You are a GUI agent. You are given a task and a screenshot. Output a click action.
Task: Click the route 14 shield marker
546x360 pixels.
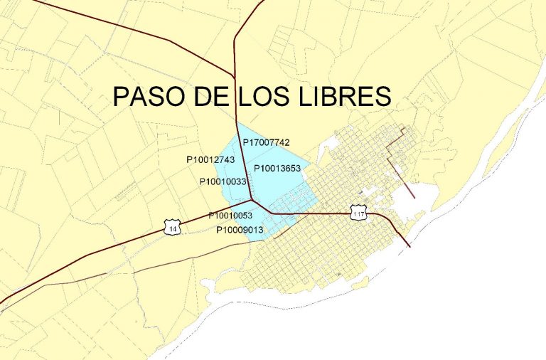coord(173,228)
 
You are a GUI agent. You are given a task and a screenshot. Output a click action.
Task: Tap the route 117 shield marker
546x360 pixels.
coord(358,211)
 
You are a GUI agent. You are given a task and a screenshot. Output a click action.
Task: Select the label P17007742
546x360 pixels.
coord(267,142)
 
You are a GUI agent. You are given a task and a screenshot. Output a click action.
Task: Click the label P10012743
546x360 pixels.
coord(210,160)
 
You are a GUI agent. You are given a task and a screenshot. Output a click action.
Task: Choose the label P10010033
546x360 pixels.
coord(223,182)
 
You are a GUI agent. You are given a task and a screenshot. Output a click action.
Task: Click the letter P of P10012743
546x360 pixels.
coord(189,160)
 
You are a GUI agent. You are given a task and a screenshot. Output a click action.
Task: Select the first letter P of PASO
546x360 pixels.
coord(122,97)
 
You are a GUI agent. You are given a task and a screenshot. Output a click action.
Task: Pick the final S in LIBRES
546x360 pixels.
coord(382,97)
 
